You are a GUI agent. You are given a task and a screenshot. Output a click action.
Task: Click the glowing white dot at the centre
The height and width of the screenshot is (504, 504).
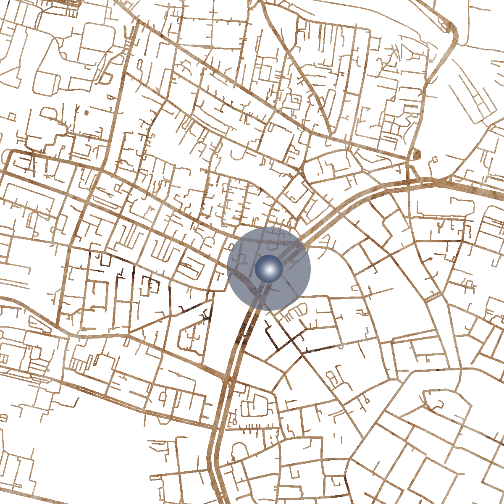(x=269, y=269)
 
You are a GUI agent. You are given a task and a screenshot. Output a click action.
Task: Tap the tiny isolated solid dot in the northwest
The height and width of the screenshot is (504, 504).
(x=87, y=113)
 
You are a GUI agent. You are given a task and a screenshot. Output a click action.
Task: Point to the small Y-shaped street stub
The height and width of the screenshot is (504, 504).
(x=440, y=227)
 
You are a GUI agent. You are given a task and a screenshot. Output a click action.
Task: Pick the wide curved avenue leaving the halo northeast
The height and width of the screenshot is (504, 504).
(x=336, y=214)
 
